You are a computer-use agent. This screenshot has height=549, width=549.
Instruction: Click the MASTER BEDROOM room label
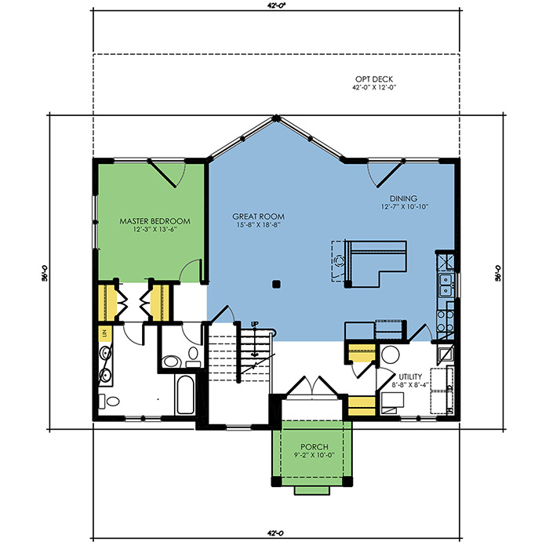pyautogui.click(x=155, y=221)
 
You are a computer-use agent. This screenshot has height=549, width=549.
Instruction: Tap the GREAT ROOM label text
pyautogui.click(x=258, y=216)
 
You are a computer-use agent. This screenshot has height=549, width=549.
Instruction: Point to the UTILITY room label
pyautogui.click(x=410, y=376)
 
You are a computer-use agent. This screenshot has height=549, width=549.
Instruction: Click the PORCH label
pyautogui.click(x=314, y=447)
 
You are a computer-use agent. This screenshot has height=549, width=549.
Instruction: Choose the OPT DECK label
pyautogui.click(x=374, y=79)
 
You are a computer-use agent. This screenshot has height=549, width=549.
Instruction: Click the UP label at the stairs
pyautogui.click(x=255, y=324)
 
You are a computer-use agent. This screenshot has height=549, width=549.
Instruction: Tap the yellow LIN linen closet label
pyautogui.click(x=104, y=334)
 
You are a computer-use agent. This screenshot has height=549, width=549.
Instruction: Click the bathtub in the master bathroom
pyautogui.click(x=185, y=395)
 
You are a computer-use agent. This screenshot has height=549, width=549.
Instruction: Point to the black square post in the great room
pyautogui.click(x=276, y=284)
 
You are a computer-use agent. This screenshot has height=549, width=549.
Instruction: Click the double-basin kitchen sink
pyautogui.click(x=445, y=285)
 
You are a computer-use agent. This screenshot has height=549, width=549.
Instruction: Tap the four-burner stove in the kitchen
pyautogui.click(x=445, y=321)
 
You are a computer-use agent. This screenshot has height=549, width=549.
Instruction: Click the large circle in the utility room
pyautogui.click(x=390, y=354)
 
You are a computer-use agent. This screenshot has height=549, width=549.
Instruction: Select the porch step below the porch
pyautogui.click(x=312, y=490)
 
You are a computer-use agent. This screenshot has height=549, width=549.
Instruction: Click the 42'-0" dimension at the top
pyautogui.click(x=276, y=5)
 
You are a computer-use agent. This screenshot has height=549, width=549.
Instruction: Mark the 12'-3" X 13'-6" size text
pyautogui.click(x=155, y=230)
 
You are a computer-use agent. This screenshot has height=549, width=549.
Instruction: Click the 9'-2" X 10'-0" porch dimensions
pyautogui.click(x=314, y=456)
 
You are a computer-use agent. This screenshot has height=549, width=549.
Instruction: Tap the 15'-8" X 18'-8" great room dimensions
pyautogui.click(x=258, y=225)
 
